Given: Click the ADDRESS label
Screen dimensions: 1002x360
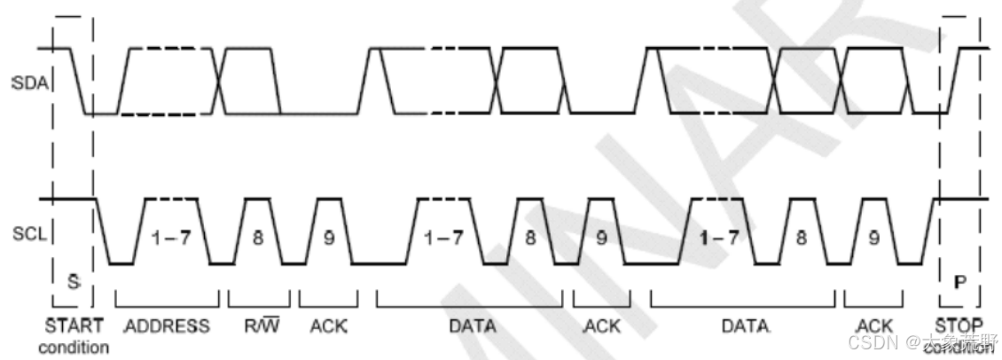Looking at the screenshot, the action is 167,325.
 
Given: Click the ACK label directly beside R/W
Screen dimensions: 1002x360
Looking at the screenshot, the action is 328,325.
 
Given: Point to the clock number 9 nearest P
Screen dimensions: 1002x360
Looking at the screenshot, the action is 874,238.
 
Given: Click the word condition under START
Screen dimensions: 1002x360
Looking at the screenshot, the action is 73,347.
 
